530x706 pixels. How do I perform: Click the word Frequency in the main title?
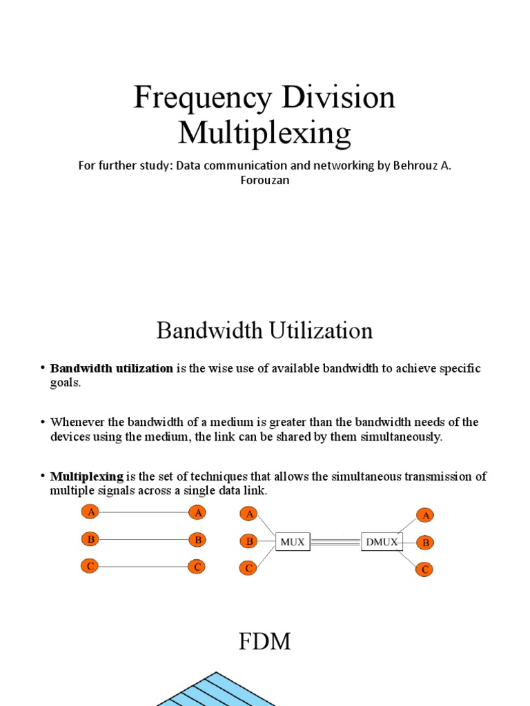pyautogui.click(x=202, y=97)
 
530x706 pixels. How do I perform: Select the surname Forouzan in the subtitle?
pyautogui.click(x=264, y=180)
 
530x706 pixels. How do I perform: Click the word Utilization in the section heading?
pyautogui.click(x=320, y=330)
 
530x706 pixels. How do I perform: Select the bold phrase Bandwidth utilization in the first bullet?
pyautogui.click(x=112, y=368)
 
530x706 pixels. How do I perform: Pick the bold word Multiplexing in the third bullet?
pyautogui.click(x=86, y=476)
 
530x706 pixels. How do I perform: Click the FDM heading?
pyautogui.click(x=264, y=642)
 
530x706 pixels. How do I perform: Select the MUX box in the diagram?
pyautogui.click(x=293, y=542)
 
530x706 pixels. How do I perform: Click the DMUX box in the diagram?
pyautogui.click(x=382, y=542)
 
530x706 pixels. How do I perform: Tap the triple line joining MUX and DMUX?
pyautogui.click(x=335, y=542)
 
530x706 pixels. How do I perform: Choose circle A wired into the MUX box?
pyautogui.click(x=249, y=514)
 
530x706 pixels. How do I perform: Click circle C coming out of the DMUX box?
pyautogui.click(x=425, y=569)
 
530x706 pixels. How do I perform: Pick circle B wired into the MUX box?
pyautogui.click(x=249, y=541)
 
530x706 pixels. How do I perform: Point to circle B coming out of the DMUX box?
pyautogui.click(x=426, y=543)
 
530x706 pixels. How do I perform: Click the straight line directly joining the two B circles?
pyautogui.click(x=142, y=539)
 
